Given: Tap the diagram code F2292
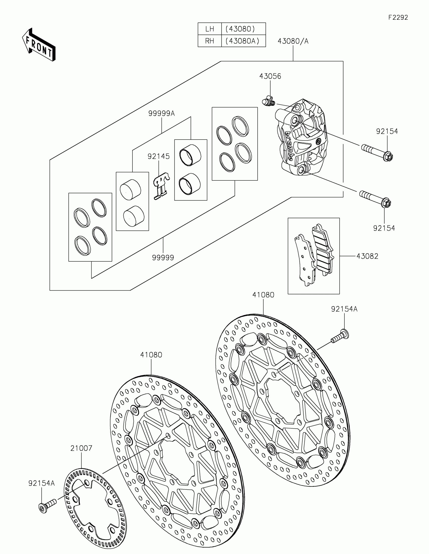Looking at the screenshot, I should click(398, 17).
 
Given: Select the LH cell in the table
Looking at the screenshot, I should click(209, 29).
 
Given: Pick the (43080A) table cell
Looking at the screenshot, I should click(244, 41).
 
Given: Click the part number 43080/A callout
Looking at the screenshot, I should click(293, 41).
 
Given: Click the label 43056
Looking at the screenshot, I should click(270, 76).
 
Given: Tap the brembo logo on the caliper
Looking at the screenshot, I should click(290, 145).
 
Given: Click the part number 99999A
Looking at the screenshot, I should click(162, 113).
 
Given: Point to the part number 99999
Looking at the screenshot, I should click(163, 258).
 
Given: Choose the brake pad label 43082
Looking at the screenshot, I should click(367, 256).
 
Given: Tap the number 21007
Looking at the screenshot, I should click(81, 448).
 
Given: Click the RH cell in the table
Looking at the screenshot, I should click(209, 41).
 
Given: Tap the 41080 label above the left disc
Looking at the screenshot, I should click(151, 355).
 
